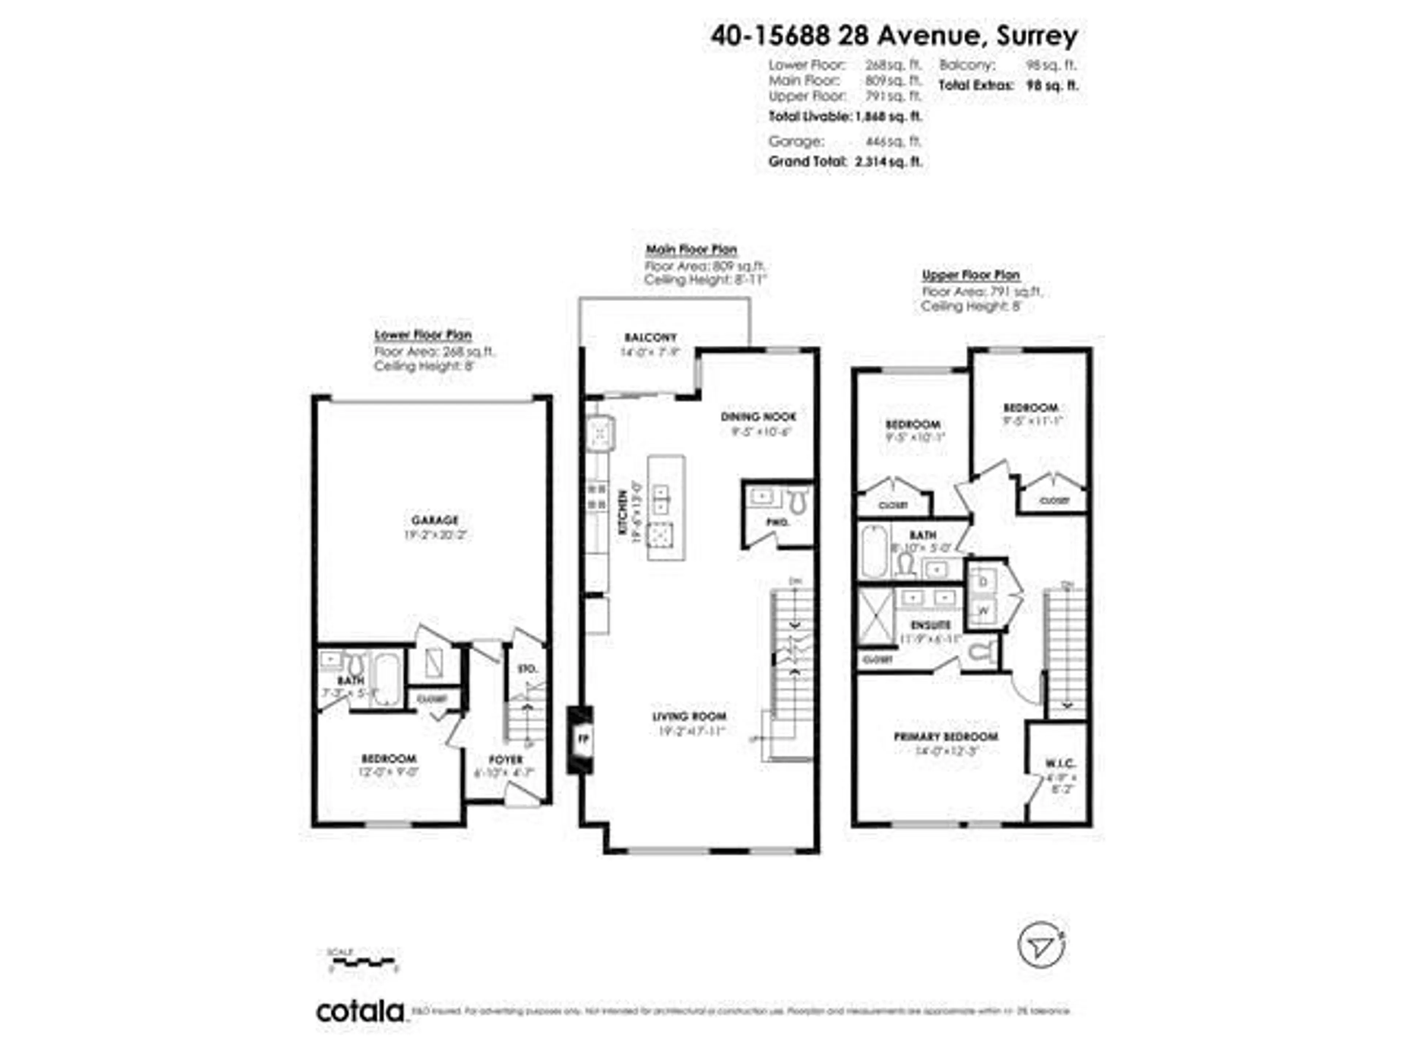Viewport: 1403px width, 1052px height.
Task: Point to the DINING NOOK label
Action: click(x=758, y=417)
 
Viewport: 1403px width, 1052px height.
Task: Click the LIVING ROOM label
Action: click(x=689, y=717)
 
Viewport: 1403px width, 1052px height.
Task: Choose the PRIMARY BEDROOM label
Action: click(x=946, y=737)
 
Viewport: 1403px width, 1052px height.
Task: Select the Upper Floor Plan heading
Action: click(x=970, y=275)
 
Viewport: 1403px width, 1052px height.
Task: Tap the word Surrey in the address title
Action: click(x=1037, y=36)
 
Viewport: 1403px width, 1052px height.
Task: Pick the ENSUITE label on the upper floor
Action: click(x=931, y=625)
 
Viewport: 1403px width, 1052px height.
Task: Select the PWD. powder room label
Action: click(x=777, y=522)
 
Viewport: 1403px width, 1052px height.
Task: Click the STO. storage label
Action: click(x=528, y=668)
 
